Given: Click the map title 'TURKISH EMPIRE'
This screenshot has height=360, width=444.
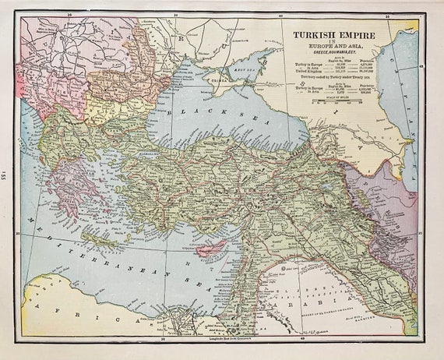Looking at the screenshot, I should click(341, 36).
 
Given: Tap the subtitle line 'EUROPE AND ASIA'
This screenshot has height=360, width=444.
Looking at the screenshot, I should click(341, 50).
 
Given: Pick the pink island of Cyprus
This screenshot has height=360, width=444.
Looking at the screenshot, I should click(212, 247).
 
